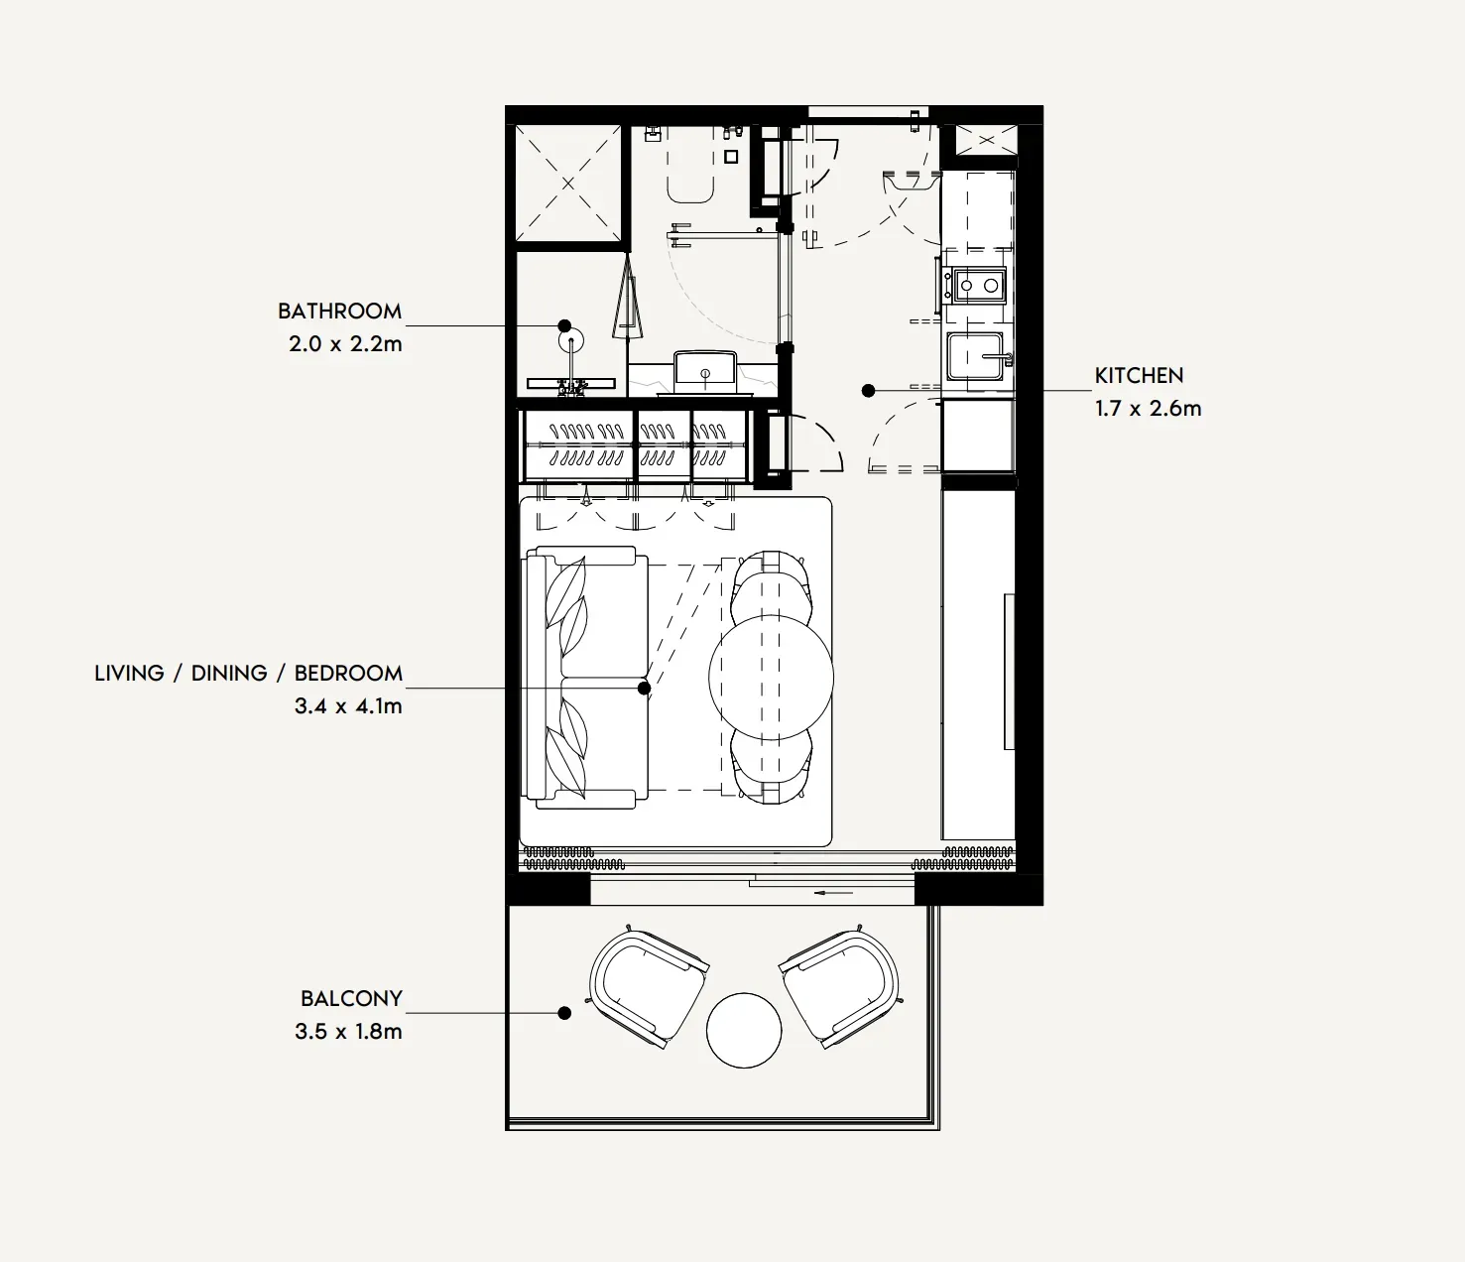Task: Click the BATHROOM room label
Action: pyautogui.click(x=339, y=311)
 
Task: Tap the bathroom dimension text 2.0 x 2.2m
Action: pyautogui.click(x=345, y=344)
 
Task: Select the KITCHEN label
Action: pyautogui.click(x=1139, y=376)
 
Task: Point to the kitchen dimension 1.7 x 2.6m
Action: pyautogui.click(x=1149, y=409)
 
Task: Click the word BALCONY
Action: pyautogui.click(x=351, y=998)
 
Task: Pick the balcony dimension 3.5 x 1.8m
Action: pyautogui.click(x=349, y=1031)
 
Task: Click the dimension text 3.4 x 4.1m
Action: pyautogui.click(x=349, y=706)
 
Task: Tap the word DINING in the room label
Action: pyautogui.click(x=229, y=673)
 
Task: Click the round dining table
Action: pyautogui.click(x=771, y=678)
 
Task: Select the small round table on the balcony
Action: pyautogui.click(x=744, y=1030)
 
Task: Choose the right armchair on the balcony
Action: pyautogui.click(x=840, y=987)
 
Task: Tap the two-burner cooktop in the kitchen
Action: pyautogui.click(x=979, y=286)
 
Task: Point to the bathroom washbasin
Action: pyautogui.click(x=704, y=371)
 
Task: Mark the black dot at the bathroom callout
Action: pyautogui.click(x=564, y=326)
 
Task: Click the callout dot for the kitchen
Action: pyautogui.click(x=868, y=390)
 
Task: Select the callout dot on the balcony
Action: pyautogui.click(x=564, y=1013)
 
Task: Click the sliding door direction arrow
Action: pyautogui.click(x=833, y=893)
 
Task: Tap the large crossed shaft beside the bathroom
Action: pyautogui.click(x=568, y=184)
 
